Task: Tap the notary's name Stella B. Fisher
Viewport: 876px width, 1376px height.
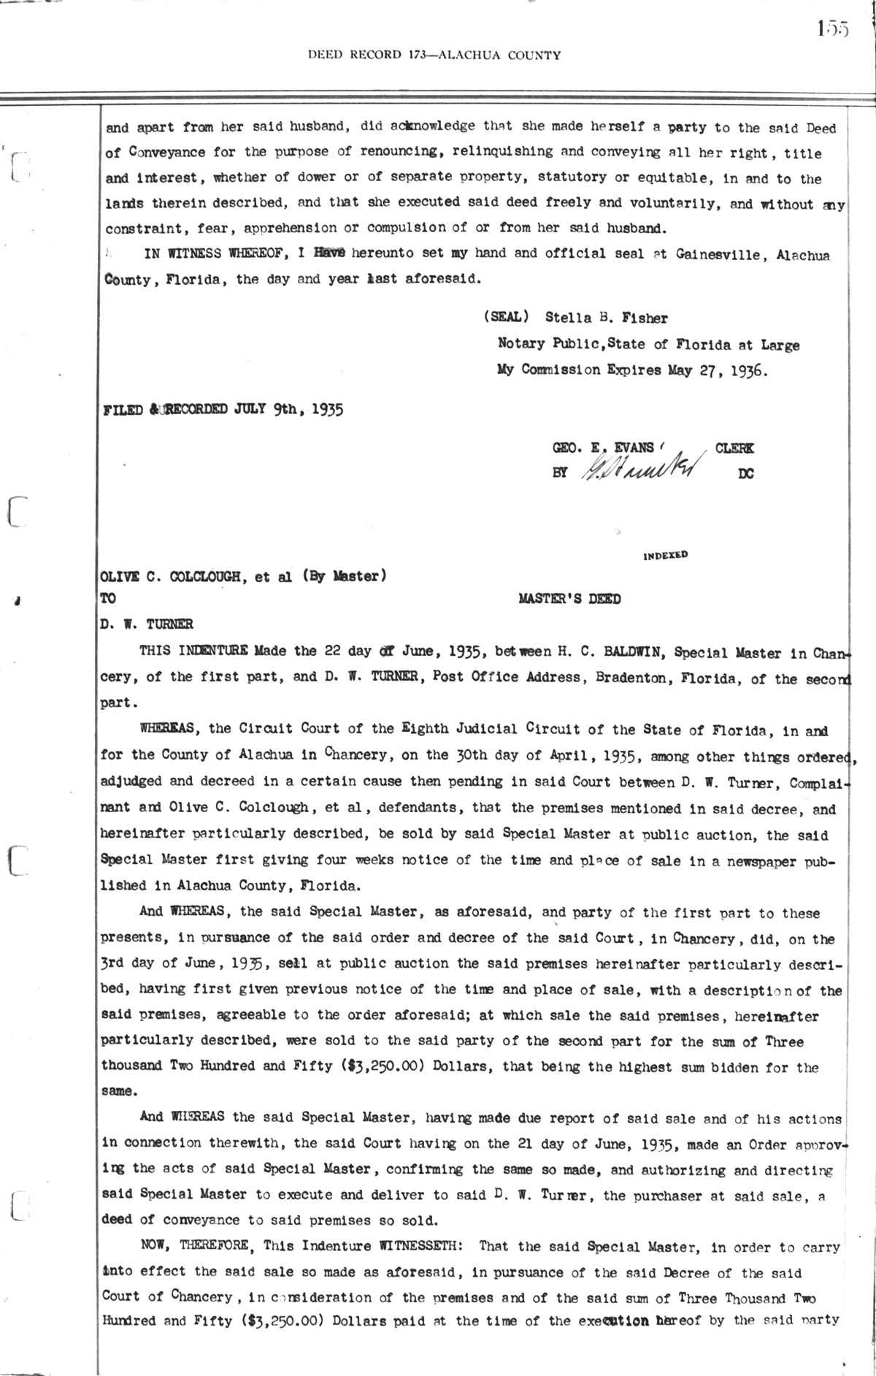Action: tap(606, 318)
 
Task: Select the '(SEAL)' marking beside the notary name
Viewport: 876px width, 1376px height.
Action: tap(505, 318)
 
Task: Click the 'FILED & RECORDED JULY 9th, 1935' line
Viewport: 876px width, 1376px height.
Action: tap(224, 409)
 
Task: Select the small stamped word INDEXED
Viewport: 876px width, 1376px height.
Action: tap(665, 555)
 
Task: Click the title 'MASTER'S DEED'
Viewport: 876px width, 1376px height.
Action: tap(569, 600)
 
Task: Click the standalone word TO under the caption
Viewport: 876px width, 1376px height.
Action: tap(108, 599)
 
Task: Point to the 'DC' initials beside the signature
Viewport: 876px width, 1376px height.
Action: tap(745, 473)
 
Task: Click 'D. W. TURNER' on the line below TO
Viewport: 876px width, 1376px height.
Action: tap(147, 624)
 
